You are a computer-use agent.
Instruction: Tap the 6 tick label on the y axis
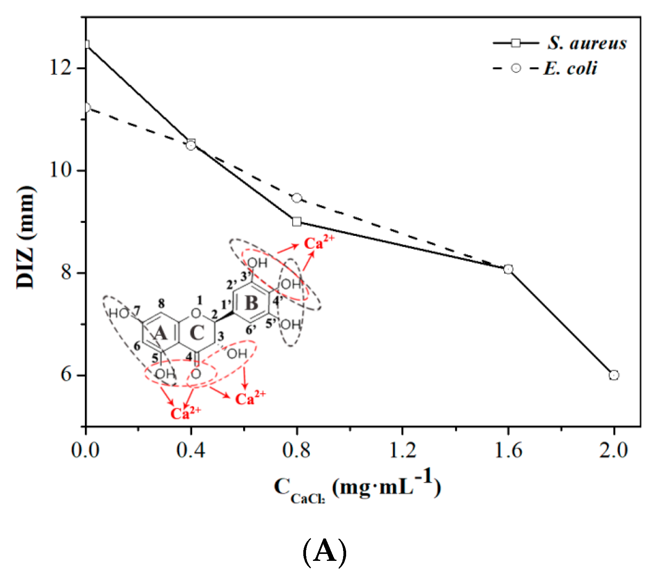coord(66,375)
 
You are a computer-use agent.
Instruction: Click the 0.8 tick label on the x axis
coord(296,450)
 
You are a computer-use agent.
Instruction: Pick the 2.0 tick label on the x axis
coord(614,450)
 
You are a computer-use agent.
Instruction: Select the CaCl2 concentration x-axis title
coord(357,488)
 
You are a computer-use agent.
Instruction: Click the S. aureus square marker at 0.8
coord(297,222)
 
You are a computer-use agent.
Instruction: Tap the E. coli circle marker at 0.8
coord(297,198)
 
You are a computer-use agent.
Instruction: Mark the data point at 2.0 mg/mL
coord(614,375)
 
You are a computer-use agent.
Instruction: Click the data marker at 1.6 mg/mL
coord(508,269)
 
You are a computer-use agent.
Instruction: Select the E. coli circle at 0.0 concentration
coord(86,108)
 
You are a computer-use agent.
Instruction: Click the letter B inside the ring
coord(252,303)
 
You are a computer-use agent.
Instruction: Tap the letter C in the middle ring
coord(197,333)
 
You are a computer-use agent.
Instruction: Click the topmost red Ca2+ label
coord(319,243)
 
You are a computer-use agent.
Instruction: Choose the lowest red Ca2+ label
coord(186,414)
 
